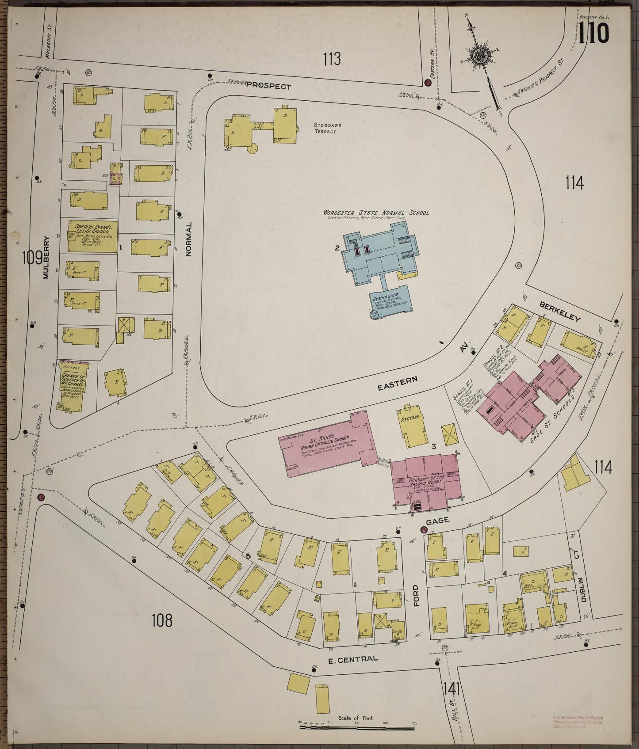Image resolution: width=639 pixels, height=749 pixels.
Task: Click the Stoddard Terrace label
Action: tap(326, 129)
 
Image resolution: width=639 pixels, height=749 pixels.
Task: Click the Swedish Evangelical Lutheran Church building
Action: tap(87, 234)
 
